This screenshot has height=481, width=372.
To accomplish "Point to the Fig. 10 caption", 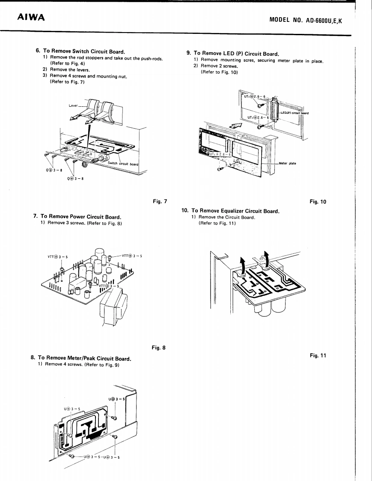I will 318,201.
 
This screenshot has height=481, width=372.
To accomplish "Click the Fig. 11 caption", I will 318,355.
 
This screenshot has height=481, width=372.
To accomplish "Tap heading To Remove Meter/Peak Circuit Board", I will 84,358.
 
